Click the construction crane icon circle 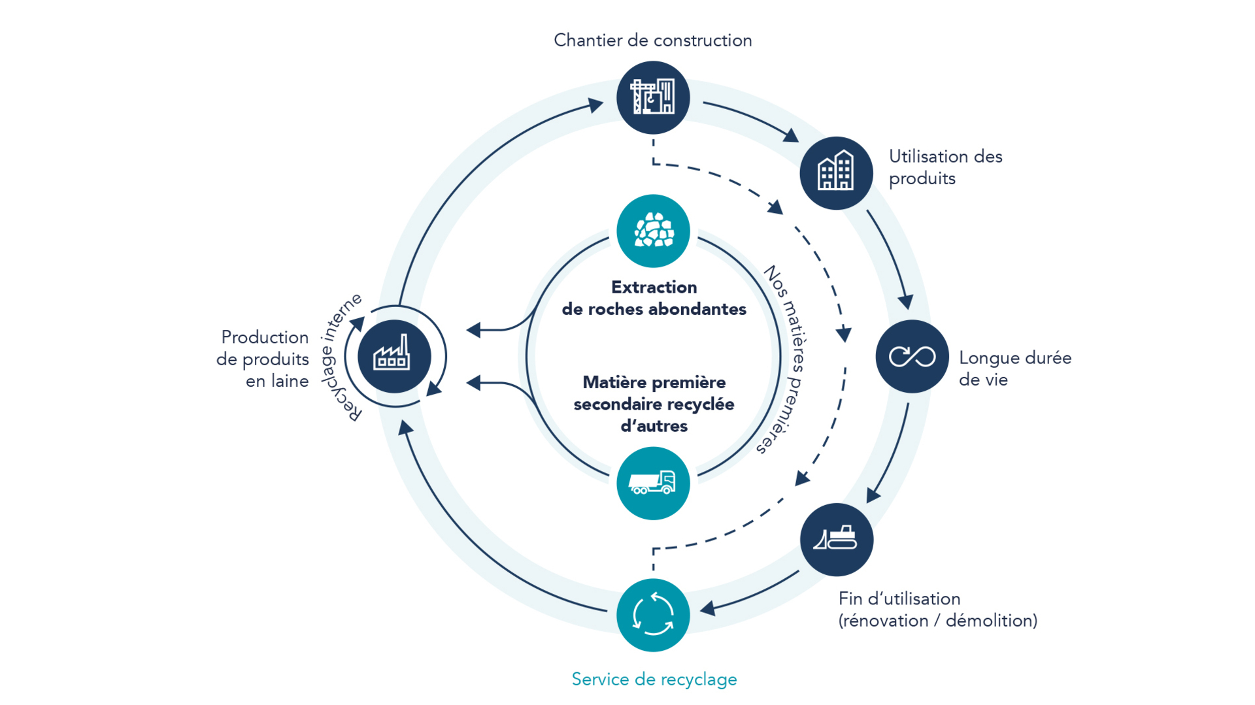653,98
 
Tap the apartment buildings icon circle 836,173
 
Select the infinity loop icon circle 912,356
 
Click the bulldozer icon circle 836,540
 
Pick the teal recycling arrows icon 653,615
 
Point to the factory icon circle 394,356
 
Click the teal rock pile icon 653,231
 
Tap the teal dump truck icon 653,483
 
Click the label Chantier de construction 652,41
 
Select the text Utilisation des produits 945,167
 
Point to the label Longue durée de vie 1014,369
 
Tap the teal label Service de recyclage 654,680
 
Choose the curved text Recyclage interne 339,356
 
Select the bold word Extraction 654,287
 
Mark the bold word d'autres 654,426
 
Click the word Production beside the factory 265,337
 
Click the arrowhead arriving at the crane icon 595,105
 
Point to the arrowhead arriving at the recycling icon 707,609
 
